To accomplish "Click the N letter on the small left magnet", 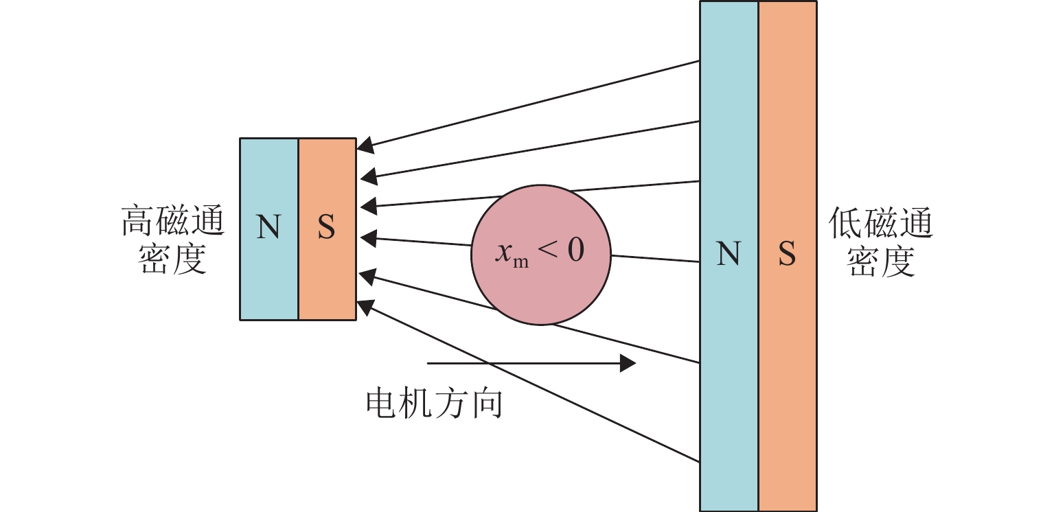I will pos(268,228).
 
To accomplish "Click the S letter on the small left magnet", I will pos(327,228).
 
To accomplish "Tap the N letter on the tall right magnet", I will pos(729,255).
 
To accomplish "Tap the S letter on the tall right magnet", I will pos(787,255).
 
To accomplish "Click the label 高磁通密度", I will pos(172,240).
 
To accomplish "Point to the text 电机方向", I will pos(434,404).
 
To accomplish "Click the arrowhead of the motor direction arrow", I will pos(628,363).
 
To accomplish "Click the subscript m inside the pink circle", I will pos(521,263).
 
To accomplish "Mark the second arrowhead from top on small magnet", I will pos(367,176).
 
